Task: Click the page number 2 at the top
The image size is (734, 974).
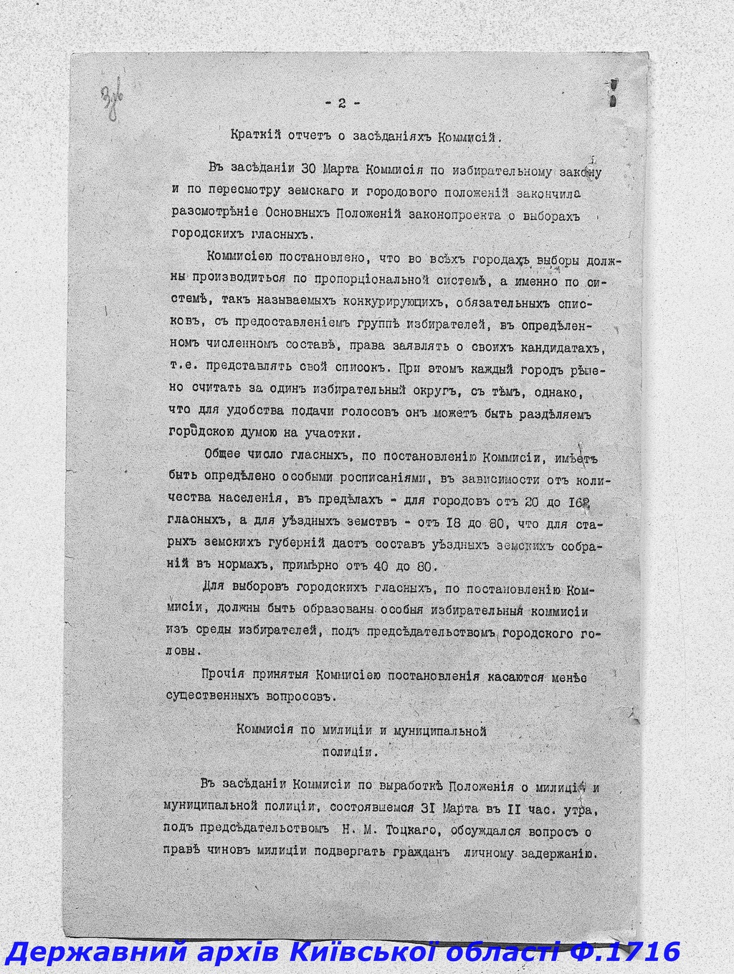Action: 340,103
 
